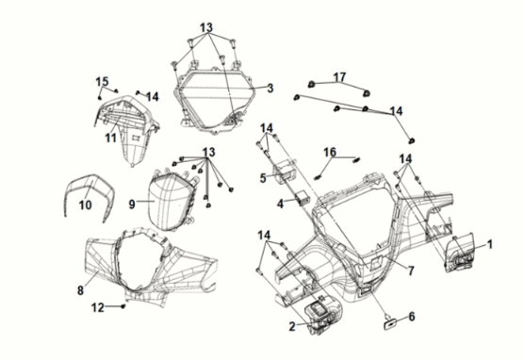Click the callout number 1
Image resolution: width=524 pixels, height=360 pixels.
click(x=489, y=245)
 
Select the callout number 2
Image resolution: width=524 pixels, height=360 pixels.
click(x=292, y=327)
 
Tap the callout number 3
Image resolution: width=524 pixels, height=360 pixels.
click(x=270, y=89)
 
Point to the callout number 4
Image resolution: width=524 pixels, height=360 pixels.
click(x=281, y=204)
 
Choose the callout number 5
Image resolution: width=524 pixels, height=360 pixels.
click(x=263, y=178)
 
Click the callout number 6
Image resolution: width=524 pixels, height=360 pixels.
click(x=412, y=317)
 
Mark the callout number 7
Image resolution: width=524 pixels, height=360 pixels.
click(x=411, y=270)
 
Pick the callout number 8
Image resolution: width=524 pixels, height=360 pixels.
click(x=80, y=290)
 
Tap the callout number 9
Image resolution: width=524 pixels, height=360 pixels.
click(x=132, y=204)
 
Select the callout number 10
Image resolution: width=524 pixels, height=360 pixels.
click(x=85, y=205)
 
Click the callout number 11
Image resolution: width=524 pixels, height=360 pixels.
click(x=111, y=138)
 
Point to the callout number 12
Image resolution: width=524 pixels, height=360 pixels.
click(x=98, y=307)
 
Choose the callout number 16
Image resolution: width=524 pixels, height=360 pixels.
click(x=330, y=153)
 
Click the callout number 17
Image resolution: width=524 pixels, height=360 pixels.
click(x=339, y=77)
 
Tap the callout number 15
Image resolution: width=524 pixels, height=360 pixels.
click(x=102, y=82)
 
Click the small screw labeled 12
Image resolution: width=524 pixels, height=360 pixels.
click(x=123, y=306)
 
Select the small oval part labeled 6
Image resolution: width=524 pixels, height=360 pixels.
click(x=390, y=324)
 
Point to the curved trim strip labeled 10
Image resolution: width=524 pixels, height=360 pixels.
click(x=90, y=181)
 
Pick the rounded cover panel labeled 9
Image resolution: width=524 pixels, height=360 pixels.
click(x=169, y=202)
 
